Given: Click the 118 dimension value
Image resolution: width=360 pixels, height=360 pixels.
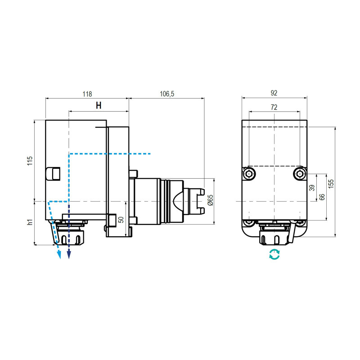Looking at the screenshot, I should click(87, 94).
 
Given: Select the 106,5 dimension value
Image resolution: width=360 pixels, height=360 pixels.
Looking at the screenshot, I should click(166, 94).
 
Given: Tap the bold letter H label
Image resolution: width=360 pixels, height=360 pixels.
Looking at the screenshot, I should click(99, 106).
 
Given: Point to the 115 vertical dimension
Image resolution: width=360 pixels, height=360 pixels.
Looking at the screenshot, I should click(30, 161).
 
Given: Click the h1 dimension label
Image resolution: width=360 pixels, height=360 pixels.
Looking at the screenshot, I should click(30, 222).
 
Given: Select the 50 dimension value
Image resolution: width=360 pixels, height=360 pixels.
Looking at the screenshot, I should click(120, 220).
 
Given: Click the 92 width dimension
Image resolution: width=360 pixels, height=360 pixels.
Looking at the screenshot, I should click(274, 93).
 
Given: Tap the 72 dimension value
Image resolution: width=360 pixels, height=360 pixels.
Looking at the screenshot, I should click(274, 107).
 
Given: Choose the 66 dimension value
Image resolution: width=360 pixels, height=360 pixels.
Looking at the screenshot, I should click(322, 197).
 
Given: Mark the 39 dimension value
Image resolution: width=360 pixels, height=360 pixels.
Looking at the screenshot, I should click(312, 188).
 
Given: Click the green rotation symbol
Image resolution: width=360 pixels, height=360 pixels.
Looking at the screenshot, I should click(274, 254).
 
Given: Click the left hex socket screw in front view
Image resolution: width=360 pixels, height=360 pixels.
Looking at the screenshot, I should click(249, 174).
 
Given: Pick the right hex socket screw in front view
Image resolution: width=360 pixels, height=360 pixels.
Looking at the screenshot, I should click(300, 174).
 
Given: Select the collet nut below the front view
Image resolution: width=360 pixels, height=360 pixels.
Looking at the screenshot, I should click(274, 237).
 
